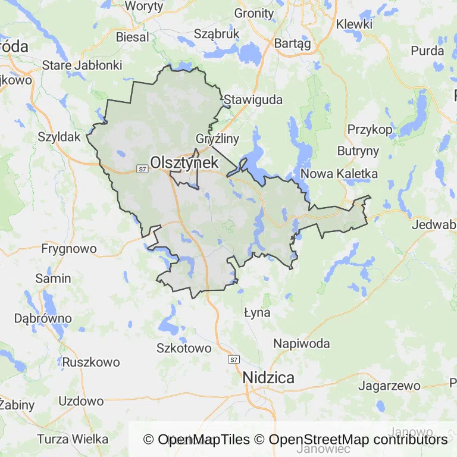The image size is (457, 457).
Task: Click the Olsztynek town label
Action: (x=184, y=162)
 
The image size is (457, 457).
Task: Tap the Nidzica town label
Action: (x=268, y=378)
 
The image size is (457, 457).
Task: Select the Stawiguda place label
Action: (x=253, y=99)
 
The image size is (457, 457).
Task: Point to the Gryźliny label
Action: (x=217, y=139)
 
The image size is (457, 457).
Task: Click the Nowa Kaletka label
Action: (x=340, y=174)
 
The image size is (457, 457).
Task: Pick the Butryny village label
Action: (x=358, y=151)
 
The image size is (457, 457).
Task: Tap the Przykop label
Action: (x=370, y=129)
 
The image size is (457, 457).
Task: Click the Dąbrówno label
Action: (x=42, y=318)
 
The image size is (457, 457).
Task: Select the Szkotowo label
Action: (x=184, y=348)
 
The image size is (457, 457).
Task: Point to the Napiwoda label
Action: (x=302, y=343)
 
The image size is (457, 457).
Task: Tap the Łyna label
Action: (x=258, y=312)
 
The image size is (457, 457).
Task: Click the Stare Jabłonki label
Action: (x=83, y=65)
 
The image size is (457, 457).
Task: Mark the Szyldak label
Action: (x=59, y=136)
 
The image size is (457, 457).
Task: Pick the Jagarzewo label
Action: (x=390, y=386)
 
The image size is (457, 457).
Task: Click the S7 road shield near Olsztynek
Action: (x=142, y=170)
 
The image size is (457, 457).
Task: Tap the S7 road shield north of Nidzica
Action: (x=234, y=359)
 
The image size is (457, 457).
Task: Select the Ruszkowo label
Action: (x=91, y=362)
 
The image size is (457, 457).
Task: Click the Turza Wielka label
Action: (x=73, y=439)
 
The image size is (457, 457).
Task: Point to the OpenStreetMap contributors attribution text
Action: (x=358, y=440)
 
